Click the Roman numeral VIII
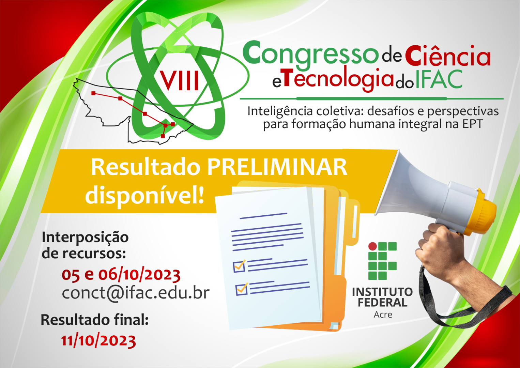(x=180, y=81)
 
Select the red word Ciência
(x=447, y=55)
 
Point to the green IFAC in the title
(x=439, y=79)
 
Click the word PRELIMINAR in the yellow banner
(x=277, y=167)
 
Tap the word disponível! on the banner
(x=144, y=195)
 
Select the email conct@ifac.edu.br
(x=135, y=293)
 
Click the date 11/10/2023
(x=98, y=340)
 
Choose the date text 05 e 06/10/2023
(x=121, y=275)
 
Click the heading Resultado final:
(x=94, y=320)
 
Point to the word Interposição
(x=85, y=237)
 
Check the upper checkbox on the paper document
(x=239, y=266)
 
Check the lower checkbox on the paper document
(x=242, y=289)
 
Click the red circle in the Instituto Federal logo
(x=373, y=246)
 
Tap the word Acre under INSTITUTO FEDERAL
(x=383, y=315)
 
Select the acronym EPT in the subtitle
(x=472, y=124)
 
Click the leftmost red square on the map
(x=93, y=93)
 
